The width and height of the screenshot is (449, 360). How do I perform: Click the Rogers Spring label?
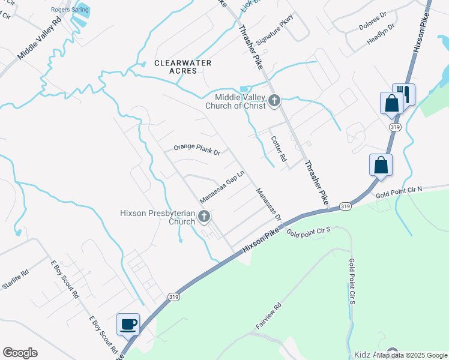coord(70,10)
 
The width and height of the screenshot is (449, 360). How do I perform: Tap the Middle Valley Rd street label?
coord(40,38)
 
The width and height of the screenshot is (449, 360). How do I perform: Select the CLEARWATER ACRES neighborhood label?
coord(175,67)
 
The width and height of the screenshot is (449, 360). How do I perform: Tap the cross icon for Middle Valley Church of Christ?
coord(274,100)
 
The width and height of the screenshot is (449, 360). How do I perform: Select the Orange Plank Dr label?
coord(197,149)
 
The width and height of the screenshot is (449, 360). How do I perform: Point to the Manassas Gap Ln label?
coord(222,187)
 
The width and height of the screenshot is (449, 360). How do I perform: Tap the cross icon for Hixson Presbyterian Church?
coord(204,216)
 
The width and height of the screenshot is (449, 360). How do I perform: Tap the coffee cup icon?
coord(128,324)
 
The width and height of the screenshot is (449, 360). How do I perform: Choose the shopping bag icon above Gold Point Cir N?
coord(381,164)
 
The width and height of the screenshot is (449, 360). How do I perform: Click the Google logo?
coord(20,353)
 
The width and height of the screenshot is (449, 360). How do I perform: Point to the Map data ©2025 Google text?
coord(412,355)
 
